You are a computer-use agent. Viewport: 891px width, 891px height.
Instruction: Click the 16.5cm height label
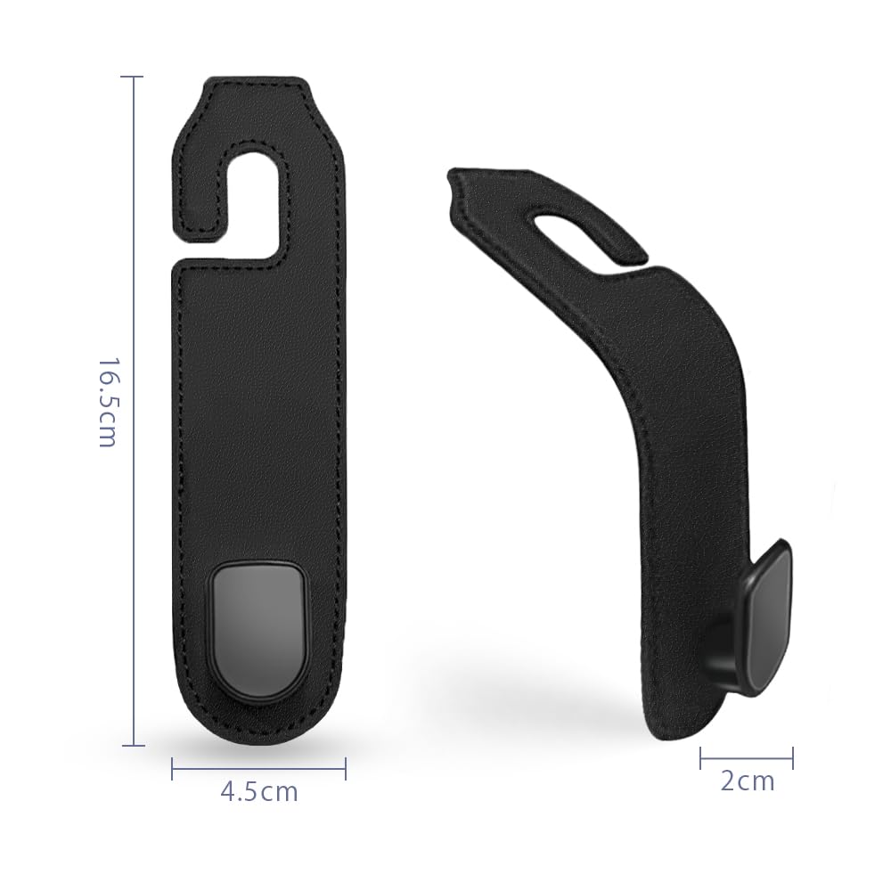[106, 403]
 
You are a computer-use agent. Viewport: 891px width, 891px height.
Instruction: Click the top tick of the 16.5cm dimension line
[133, 78]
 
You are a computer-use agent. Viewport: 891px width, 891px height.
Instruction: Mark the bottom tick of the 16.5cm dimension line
[133, 744]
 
